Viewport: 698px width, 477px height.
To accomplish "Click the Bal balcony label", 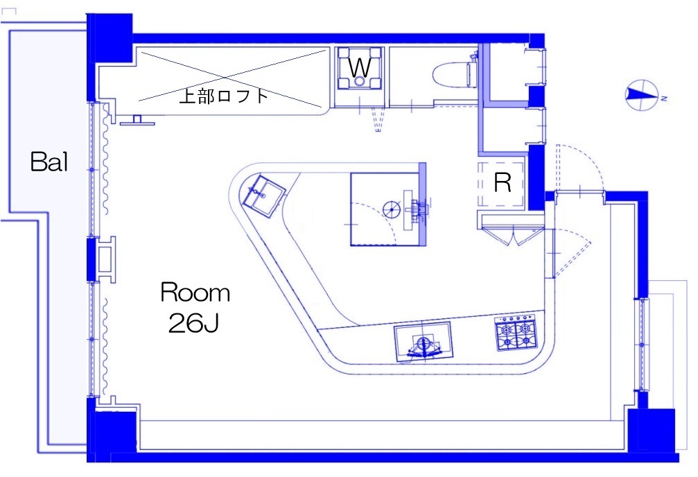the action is pos(49,162).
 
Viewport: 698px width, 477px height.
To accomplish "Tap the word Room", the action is pos(195,293).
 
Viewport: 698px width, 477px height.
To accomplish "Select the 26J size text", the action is pos(193,323).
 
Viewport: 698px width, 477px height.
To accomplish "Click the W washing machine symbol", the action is pos(359,68).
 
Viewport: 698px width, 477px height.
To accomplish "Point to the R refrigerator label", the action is pos(503,182).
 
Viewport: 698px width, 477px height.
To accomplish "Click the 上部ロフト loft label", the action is pos(224,96).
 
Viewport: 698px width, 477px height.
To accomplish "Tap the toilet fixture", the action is pos(455,74).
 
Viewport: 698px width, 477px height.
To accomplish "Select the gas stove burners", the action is pos(516,333).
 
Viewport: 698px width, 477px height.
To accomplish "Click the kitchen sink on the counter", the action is pos(424,342).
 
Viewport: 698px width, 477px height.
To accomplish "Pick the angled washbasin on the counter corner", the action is pos(263,196).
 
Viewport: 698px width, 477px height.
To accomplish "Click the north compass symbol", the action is pos(643,95).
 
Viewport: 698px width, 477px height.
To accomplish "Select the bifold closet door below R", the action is pos(512,236).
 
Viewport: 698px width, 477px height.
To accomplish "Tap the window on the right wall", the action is pos(643,345).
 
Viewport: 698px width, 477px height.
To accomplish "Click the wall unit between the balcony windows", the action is pos(105,259).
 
